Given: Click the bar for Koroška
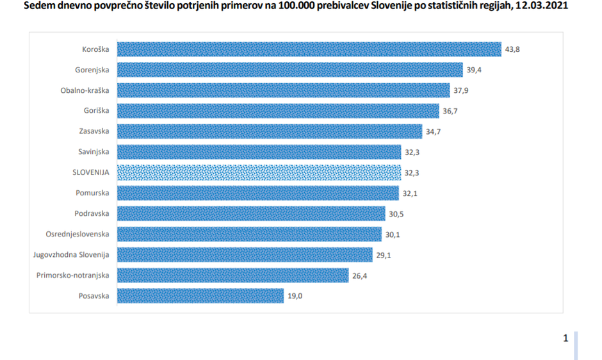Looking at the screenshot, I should (309, 49).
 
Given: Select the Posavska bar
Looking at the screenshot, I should (200, 296).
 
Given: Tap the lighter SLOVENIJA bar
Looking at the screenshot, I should (259, 172).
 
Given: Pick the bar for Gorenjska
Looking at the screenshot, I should (289, 70).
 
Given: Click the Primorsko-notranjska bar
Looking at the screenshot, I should (232, 275).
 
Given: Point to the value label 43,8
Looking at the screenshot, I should (512, 49).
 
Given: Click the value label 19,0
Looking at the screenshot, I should (295, 296).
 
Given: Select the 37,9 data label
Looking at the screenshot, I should (461, 90).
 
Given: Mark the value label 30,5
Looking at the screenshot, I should (396, 214).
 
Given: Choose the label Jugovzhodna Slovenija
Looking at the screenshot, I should (71, 255).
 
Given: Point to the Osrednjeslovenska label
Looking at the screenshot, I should (77, 234).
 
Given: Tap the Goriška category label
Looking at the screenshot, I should (96, 111).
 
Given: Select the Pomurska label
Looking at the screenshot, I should (92, 193).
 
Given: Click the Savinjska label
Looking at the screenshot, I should (93, 152).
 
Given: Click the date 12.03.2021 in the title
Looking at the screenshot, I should (541, 6).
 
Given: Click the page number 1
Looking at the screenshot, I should (565, 338).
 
